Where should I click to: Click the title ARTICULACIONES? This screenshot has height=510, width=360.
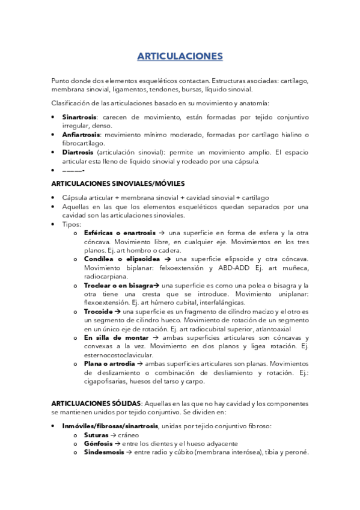[180, 57]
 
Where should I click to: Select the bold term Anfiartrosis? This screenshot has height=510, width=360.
[81, 135]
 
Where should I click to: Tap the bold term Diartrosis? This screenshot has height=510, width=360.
[78, 152]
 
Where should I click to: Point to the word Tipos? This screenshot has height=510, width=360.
[71, 224]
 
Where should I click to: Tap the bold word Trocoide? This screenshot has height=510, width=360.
[102, 312]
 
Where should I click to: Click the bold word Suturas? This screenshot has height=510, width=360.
[96, 435]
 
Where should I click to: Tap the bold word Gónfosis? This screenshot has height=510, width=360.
[97, 444]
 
